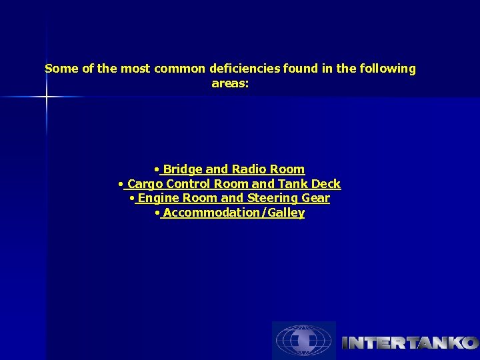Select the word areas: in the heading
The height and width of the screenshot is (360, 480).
pos(230,83)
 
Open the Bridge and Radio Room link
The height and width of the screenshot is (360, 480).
pos(233,169)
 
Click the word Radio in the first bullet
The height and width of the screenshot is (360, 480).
pos(248,169)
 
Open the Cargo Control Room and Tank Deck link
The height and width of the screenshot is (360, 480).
pos(233,184)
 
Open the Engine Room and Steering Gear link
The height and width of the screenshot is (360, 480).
pos(233,199)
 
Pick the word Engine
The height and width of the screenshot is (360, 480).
pos(158,199)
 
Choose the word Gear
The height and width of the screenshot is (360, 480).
pos(315,199)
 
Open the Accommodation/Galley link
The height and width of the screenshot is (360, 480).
pos(233,213)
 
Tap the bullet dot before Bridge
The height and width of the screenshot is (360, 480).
pos(156,169)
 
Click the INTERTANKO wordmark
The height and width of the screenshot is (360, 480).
pos(409,343)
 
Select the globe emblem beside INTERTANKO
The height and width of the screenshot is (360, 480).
pos(303,341)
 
